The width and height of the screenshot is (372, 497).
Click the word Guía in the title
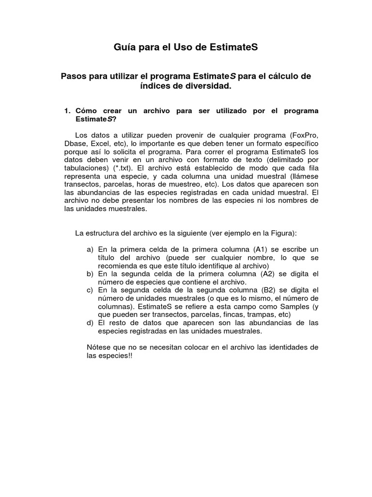coord(124,47)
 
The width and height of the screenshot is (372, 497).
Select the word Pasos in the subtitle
coord(74,76)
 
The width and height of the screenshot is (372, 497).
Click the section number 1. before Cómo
coord(68,111)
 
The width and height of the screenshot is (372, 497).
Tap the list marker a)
coord(90,248)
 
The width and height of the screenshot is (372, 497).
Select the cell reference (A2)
coord(268,274)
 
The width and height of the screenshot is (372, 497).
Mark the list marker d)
coord(90,323)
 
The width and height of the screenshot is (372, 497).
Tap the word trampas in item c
coord(258,315)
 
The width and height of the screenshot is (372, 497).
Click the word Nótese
coord(98,347)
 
